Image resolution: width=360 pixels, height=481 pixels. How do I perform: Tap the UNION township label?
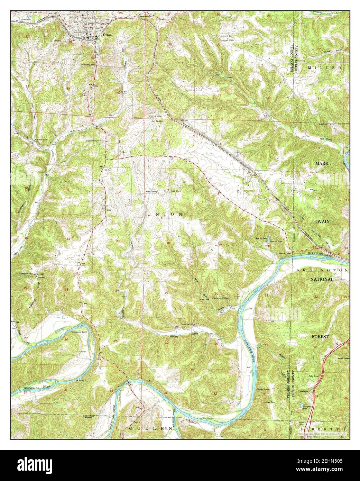point(165,215)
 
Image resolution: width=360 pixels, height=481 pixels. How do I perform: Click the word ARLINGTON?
point(321,270)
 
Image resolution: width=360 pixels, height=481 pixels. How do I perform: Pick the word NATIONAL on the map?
point(322,279)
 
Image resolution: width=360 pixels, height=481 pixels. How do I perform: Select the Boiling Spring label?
point(266,390)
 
